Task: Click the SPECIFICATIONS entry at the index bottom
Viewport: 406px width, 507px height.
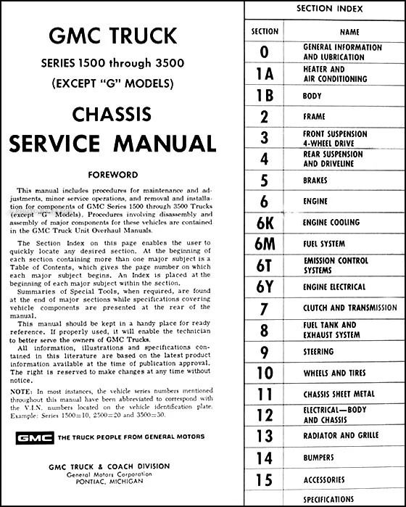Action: pyautogui.click(x=333, y=500)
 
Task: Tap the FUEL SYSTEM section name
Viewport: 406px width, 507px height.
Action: pyautogui.click(x=326, y=244)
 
